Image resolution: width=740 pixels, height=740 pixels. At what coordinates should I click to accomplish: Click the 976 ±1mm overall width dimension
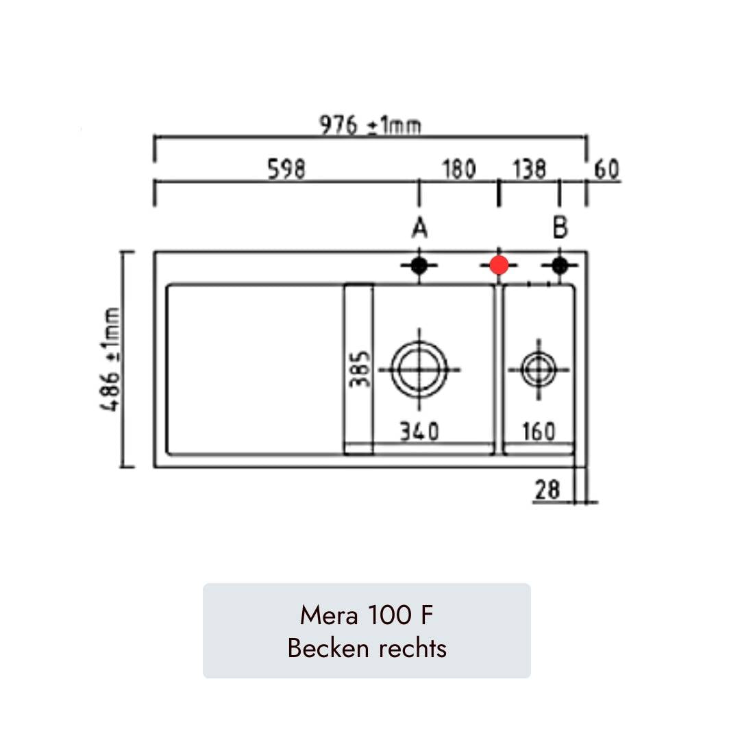tap(370, 125)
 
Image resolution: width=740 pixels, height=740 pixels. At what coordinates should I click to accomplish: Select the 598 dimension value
tap(286, 169)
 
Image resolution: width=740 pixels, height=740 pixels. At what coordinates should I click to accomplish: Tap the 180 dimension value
tap(458, 169)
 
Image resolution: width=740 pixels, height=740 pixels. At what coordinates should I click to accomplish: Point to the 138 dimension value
tap(528, 169)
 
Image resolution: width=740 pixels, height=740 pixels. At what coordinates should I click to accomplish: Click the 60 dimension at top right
tap(606, 169)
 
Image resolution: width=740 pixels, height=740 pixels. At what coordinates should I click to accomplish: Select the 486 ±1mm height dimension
tap(110, 360)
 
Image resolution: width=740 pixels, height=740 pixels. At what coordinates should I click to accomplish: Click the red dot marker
tap(499, 265)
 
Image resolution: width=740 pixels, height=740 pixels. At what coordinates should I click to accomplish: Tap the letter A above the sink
tap(419, 228)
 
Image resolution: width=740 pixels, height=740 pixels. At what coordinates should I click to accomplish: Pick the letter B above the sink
tap(560, 227)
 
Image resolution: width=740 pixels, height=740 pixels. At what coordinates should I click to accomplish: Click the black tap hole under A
tap(419, 266)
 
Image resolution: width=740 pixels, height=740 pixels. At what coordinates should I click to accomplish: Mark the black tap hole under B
tap(560, 266)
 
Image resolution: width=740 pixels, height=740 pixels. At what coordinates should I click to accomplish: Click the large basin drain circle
tap(419, 369)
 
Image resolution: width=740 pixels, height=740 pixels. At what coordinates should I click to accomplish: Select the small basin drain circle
tap(539, 369)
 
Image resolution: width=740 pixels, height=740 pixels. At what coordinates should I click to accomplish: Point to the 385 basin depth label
tap(360, 369)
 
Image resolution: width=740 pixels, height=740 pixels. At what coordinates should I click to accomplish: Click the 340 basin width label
tap(419, 432)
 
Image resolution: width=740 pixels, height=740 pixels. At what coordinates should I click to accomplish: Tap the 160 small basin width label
tap(539, 432)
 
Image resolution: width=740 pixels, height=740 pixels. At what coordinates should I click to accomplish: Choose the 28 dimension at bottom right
tap(547, 489)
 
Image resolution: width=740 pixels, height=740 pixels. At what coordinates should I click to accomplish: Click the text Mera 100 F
tap(367, 615)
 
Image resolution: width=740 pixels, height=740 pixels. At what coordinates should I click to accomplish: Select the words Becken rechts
tap(367, 647)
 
